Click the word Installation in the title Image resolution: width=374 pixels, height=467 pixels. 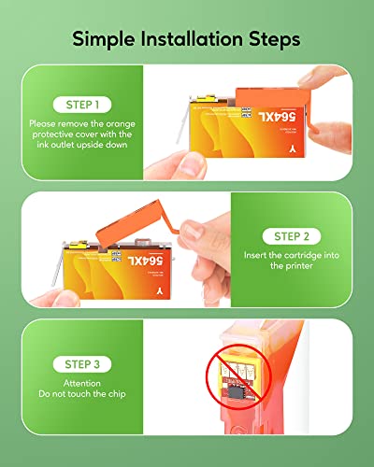[192, 39]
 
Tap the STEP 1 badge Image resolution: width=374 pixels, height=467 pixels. [82, 105]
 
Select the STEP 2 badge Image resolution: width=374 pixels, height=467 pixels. [292, 236]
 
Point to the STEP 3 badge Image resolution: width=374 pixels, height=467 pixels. [82, 364]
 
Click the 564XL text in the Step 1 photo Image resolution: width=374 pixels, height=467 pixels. [277, 117]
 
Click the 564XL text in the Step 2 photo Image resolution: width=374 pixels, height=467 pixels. [145, 261]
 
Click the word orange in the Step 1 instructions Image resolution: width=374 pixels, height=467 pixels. [121, 124]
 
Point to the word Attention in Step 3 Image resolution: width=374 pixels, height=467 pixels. [82, 383]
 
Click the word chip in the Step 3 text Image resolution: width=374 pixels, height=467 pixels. [117, 394]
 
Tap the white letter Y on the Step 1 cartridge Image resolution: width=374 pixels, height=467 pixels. [292, 149]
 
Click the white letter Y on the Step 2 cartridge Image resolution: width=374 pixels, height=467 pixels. [160, 291]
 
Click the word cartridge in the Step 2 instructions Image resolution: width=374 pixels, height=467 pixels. [303, 256]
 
